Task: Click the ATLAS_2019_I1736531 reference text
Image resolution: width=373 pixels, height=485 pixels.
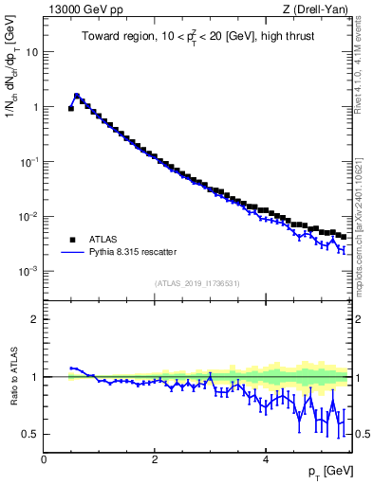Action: click(x=198, y=282)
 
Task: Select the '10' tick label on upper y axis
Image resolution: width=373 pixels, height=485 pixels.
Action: click(x=32, y=52)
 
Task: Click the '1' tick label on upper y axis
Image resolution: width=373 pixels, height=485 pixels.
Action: click(x=35, y=107)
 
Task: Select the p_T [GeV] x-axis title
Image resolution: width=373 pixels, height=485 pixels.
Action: click(x=327, y=471)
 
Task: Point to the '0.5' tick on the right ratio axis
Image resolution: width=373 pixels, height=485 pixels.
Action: click(x=362, y=434)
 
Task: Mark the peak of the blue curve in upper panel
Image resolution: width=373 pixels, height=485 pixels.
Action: click(x=77, y=95)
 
